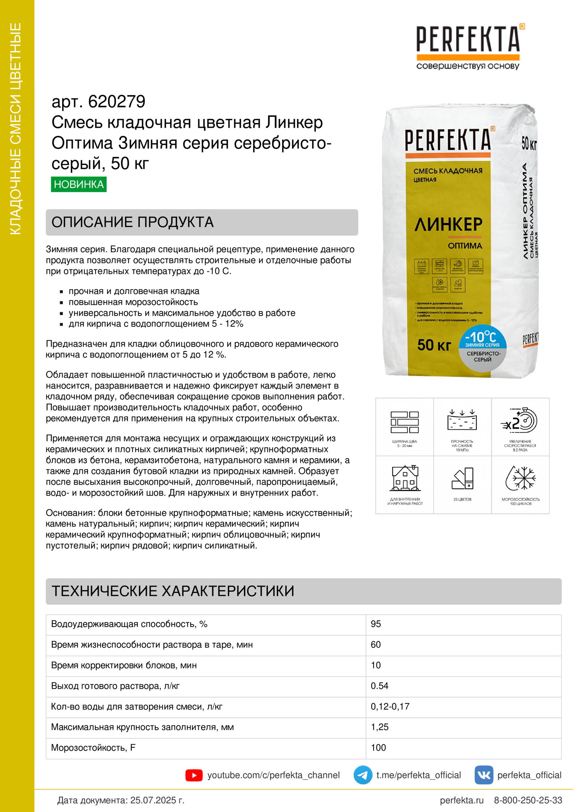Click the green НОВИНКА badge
[x=78, y=184]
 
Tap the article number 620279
[x=116, y=102]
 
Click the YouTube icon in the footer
[x=194, y=775]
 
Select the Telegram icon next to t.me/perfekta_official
[x=363, y=775]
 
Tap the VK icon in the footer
[x=483, y=775]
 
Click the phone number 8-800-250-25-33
[x=528, y=800]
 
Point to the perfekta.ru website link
[x=461, y=800]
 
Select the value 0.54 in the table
[x=380, y=686]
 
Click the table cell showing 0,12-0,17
[x=390, y=706]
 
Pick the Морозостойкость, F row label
[x=93, y=748]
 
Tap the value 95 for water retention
[x=376, y=624]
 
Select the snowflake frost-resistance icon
[x=520, y=478]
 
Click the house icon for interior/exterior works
[x=405, y=478]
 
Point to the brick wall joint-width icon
[x=405, y=422]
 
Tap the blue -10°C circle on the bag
[x=482, y=338]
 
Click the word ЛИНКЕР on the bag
[x=448, y=224]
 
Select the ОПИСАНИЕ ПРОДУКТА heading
[x=133, y=222]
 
